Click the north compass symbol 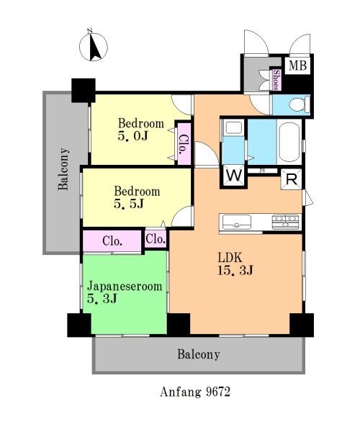coord(94,46)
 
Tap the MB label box coord(297,66)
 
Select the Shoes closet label coord(276,80)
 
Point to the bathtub coord(289,142)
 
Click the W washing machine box coord(233,175)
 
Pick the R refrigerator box coord(292,179)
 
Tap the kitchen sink coord(237,222)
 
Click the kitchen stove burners coord(285,222)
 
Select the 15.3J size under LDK coord(235,270)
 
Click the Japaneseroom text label coord(125,287)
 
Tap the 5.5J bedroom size coord(129,204)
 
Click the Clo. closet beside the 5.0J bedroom coord(184,144)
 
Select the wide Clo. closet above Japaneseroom coord(112,241)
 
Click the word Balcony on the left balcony coord(63,169)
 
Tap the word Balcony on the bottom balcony coord(198,354)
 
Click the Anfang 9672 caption coord(194,392)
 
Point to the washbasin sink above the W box coord(233,127)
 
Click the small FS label coord(262,171)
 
